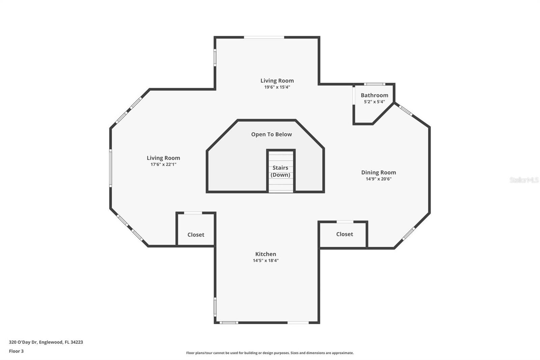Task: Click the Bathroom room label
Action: [x=374, y=95]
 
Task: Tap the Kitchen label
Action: [x=266, y=254]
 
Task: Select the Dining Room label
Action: [x=378, y=173]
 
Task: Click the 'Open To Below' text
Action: [x=271, y=134]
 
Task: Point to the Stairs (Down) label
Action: [x=280, y=171]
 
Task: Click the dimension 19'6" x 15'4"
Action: [x=277, y=87]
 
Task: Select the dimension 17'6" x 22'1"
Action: [x=163, y=164]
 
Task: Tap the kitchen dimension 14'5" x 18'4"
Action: [x=266, y=260]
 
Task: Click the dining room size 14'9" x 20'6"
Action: [x=378, y=179]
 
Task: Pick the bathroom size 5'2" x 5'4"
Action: [x=374, y=102]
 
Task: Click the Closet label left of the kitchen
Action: [x=196, y=235]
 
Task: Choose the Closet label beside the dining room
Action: [x=345, y=234]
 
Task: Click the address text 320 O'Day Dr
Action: [x=23, y=342]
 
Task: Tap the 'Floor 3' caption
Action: [x=16, y=351]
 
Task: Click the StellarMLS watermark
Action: [x=524, y=180]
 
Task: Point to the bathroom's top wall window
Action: [x=374, y=84]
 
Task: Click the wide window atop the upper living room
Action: [x=264, y=37]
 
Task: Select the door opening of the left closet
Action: [x=193, y=213]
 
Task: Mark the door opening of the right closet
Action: [x=345, y=222]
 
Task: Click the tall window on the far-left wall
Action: [x=111, y=168]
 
